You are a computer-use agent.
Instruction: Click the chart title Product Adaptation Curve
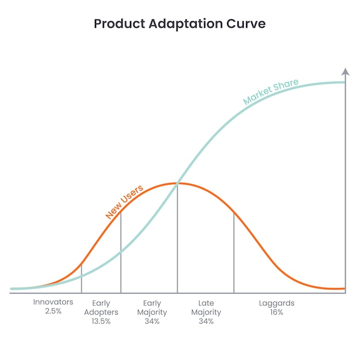coord(179,24)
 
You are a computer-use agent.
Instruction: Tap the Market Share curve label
coord(271,92)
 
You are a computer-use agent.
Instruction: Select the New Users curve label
coord(124,202)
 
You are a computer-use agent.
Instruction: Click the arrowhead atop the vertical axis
coord(345,72)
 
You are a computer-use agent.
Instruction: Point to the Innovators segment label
coord(53,302)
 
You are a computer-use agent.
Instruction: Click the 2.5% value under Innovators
coord(53,311)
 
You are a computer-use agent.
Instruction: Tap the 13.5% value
coord(101,321)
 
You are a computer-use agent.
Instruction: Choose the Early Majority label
coord(152,308)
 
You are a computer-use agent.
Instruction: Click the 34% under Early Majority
coord(152,321)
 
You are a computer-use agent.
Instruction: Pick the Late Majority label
coord(206,308)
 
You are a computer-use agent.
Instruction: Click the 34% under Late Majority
coord(206,321)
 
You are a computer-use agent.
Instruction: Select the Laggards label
coord(277,303)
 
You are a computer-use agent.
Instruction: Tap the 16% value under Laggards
coord(277,312)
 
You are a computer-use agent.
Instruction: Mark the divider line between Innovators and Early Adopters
coord(82,279)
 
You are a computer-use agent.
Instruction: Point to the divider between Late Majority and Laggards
coord(234,253)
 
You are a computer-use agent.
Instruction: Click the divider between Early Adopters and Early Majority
coord(121,253)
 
